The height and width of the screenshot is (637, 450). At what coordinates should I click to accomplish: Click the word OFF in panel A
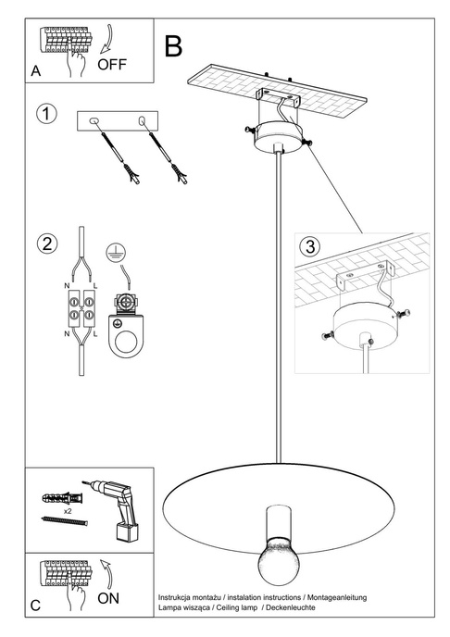point(111,64)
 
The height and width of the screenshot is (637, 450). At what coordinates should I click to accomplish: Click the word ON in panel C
point(108,598)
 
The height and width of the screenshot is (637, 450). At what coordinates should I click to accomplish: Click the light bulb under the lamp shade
point(276,564)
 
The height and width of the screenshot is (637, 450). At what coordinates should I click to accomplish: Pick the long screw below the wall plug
point(64,523)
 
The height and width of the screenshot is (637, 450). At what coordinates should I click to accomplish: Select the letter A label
point(35,70)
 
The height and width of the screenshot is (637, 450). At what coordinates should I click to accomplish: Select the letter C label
point(35,606)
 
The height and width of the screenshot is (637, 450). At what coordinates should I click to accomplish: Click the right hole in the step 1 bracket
point(143,121)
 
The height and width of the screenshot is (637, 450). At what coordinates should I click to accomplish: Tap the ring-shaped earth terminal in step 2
point(124,341)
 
